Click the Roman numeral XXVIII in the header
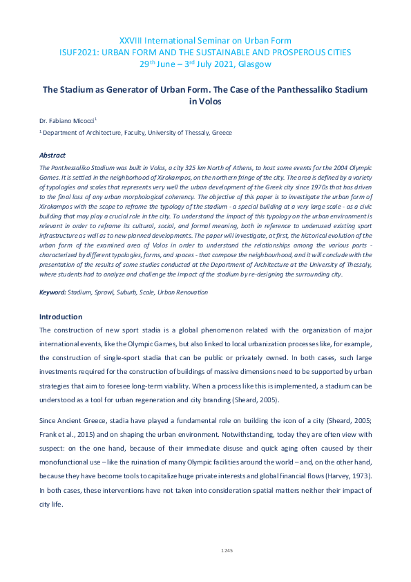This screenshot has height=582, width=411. coord(131,41)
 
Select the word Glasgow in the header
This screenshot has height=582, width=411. coord(256,64)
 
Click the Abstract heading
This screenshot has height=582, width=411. coord(52,156)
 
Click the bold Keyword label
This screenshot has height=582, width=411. coord(52,292)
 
